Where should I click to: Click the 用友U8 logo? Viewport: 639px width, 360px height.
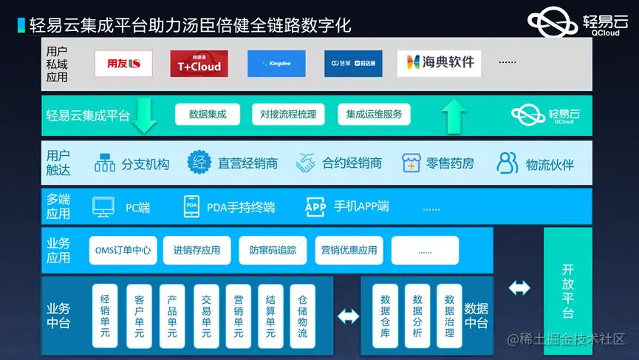(x=123, y=64)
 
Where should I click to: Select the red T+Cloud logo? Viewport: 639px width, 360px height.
(x=199, y=64)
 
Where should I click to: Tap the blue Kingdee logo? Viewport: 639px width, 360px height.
(x=276, y=64)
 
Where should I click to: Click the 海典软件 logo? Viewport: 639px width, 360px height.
(x=439, y=64)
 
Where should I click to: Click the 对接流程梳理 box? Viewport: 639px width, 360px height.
(x=288, y=115)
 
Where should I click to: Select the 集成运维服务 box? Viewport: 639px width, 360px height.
(x=374, y=115)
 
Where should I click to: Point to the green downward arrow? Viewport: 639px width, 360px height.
(x=143, y=116)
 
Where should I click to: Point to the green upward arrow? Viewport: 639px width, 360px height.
(x=454, y=115)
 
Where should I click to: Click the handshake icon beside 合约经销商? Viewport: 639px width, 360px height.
(x=306, y=163)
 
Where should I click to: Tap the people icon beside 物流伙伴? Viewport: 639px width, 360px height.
(x=508, y=163)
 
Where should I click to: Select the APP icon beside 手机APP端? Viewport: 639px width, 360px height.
(x=315, y=207)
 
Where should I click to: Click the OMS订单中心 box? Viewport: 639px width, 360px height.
(x=123, y=251)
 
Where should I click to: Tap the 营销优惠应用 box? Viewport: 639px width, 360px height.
(x=349, y=251)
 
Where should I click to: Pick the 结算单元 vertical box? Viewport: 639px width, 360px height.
(x=270, y=316)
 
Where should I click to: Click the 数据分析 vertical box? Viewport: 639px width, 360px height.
(x=417, y=316)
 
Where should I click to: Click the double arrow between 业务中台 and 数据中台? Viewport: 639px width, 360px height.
(x=347, y=316)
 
